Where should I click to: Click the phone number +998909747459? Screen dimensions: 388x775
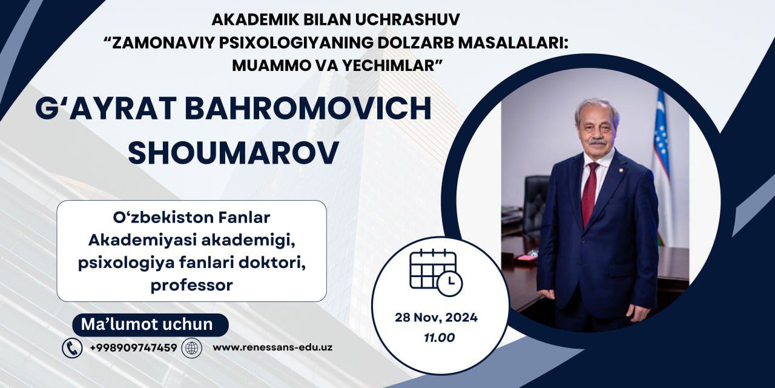(133, 347)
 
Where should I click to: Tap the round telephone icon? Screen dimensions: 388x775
(72, 348)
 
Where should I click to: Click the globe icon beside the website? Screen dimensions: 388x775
(192, 348)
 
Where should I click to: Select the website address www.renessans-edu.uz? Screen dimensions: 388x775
(272, 347)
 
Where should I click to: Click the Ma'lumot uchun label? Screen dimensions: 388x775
(150, 324)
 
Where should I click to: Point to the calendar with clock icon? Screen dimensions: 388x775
(435, 272)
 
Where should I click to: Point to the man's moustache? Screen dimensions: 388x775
(597, 141)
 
